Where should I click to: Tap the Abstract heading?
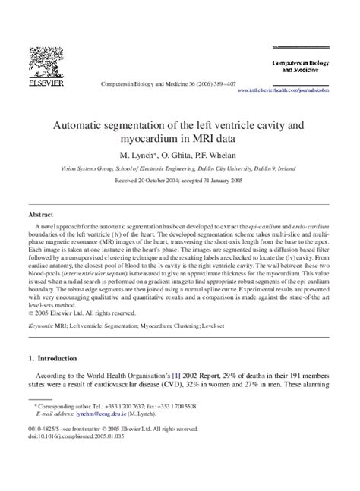pyautogui.click(x=40, y=215)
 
